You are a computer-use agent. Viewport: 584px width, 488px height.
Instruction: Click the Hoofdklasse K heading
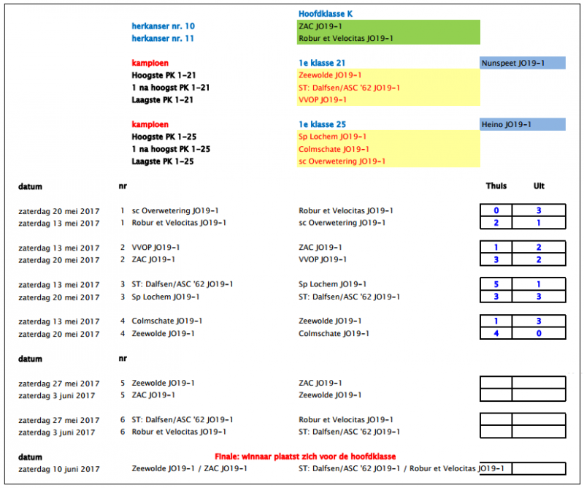coord(326,14)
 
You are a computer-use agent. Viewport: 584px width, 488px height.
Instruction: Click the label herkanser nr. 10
coord(163,26)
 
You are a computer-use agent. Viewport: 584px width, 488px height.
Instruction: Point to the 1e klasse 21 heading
coord(322,64)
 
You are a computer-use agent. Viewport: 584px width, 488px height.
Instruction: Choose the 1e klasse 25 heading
coord(322,125)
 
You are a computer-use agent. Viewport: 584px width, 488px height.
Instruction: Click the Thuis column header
coord(496,186)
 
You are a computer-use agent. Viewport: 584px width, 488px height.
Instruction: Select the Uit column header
coord(539,186)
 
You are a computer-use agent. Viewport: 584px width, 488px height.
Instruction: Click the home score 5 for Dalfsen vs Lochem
coord(496,284)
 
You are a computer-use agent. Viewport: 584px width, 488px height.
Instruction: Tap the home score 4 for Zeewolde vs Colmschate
coord(496,334)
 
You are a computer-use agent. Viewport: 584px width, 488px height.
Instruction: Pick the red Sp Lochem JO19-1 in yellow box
coord(332,137)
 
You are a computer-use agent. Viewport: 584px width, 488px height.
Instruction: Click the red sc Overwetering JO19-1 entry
coord(342,161)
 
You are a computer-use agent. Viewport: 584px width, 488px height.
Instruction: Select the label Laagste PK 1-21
coord(164,100)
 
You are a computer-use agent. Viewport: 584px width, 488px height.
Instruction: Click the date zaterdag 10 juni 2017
coord(59,469)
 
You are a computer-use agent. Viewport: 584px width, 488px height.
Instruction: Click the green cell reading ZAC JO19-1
coord(320,26)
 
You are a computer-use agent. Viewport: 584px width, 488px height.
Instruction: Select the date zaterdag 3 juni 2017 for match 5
coord(57,395)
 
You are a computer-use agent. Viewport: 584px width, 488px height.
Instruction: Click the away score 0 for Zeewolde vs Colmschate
coord(539,334)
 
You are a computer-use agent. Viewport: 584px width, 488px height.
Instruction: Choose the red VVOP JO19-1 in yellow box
coord(323,100)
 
